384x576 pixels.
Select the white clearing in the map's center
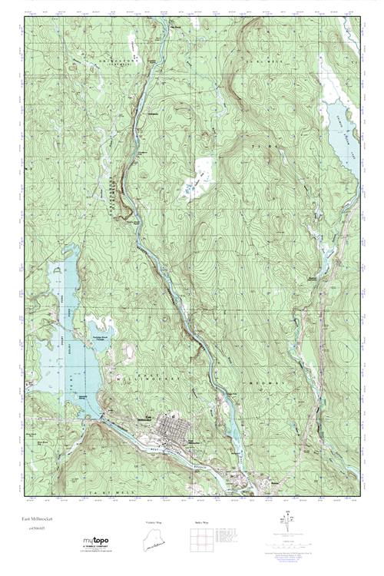point(200,177)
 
